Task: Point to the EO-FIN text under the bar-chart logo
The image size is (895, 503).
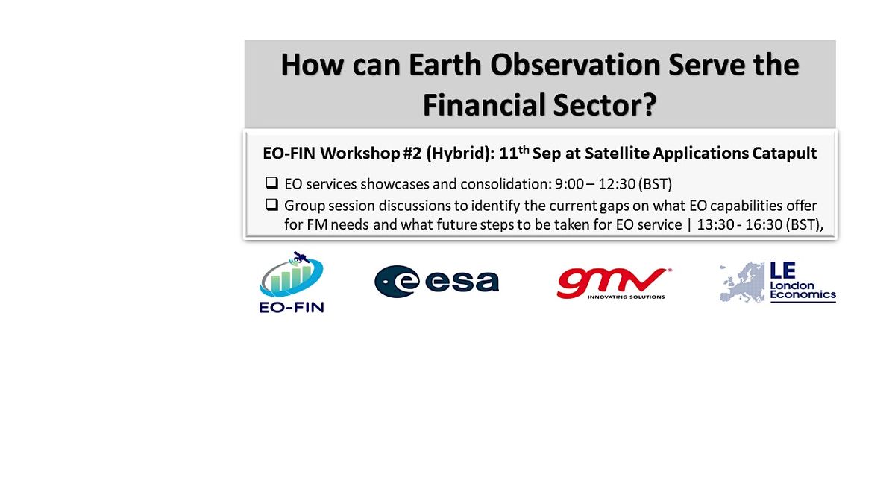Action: click(291, 306)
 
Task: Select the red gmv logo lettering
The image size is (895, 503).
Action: click(610, 281)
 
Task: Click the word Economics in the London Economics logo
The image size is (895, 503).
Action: click(804, 295)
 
